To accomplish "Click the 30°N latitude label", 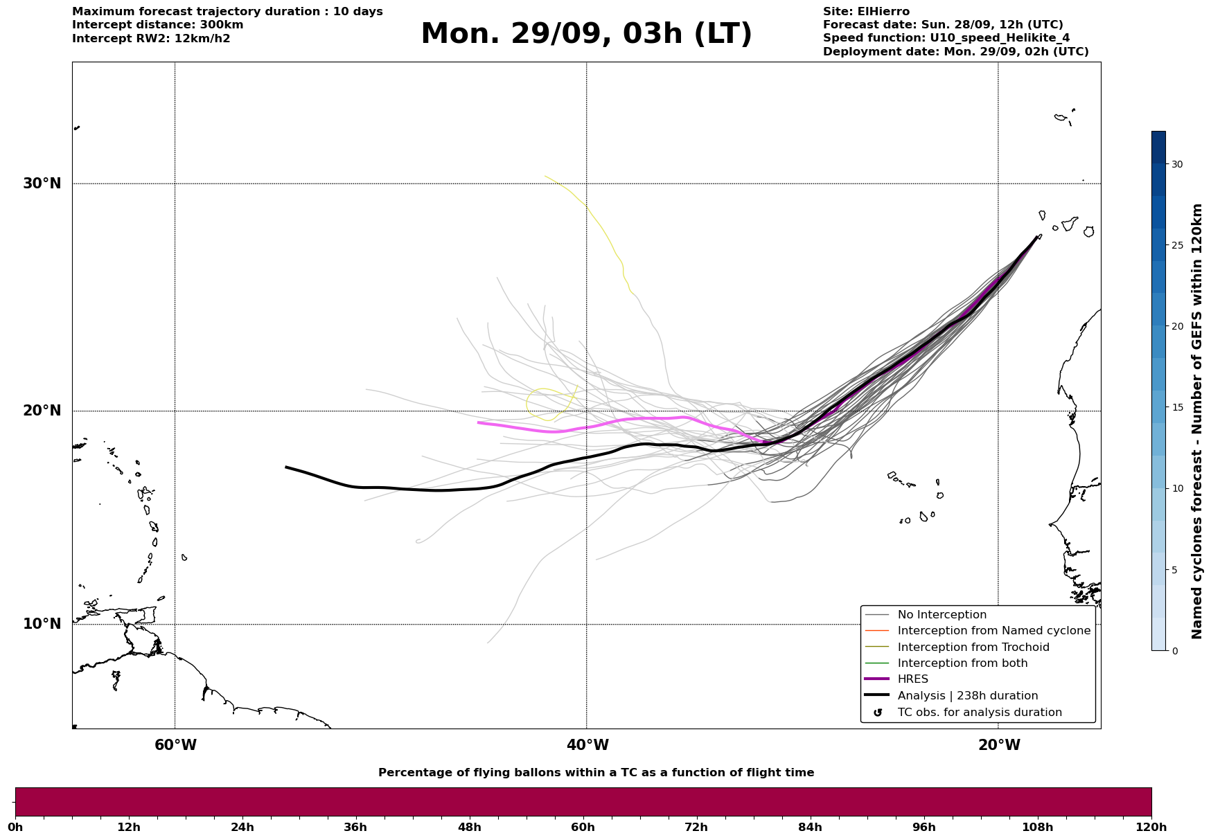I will point(42,184).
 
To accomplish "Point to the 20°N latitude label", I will point(42,411).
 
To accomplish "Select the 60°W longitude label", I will point(175,745).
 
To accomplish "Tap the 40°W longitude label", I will point(587,745).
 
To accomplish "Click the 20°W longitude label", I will point(998,745).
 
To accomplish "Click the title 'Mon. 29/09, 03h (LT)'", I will point(586,34).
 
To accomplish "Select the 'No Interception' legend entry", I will point(942,615).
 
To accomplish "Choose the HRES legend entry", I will point(912,679).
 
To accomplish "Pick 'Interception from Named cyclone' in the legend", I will point(993,631).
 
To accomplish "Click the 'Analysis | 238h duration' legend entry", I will point(967,696).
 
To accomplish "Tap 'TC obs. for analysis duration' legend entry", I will point(979,713).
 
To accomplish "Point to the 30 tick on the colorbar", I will point(1176,164).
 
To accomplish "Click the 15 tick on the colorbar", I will point(1176,407).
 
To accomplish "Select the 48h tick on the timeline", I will point(469,827).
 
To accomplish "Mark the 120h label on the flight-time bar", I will point(1151,827).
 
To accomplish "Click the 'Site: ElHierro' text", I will point(866,12).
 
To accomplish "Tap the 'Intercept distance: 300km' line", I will point(157,25).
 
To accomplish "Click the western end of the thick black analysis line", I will point(286,467).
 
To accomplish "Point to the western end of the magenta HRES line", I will point(479,422).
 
